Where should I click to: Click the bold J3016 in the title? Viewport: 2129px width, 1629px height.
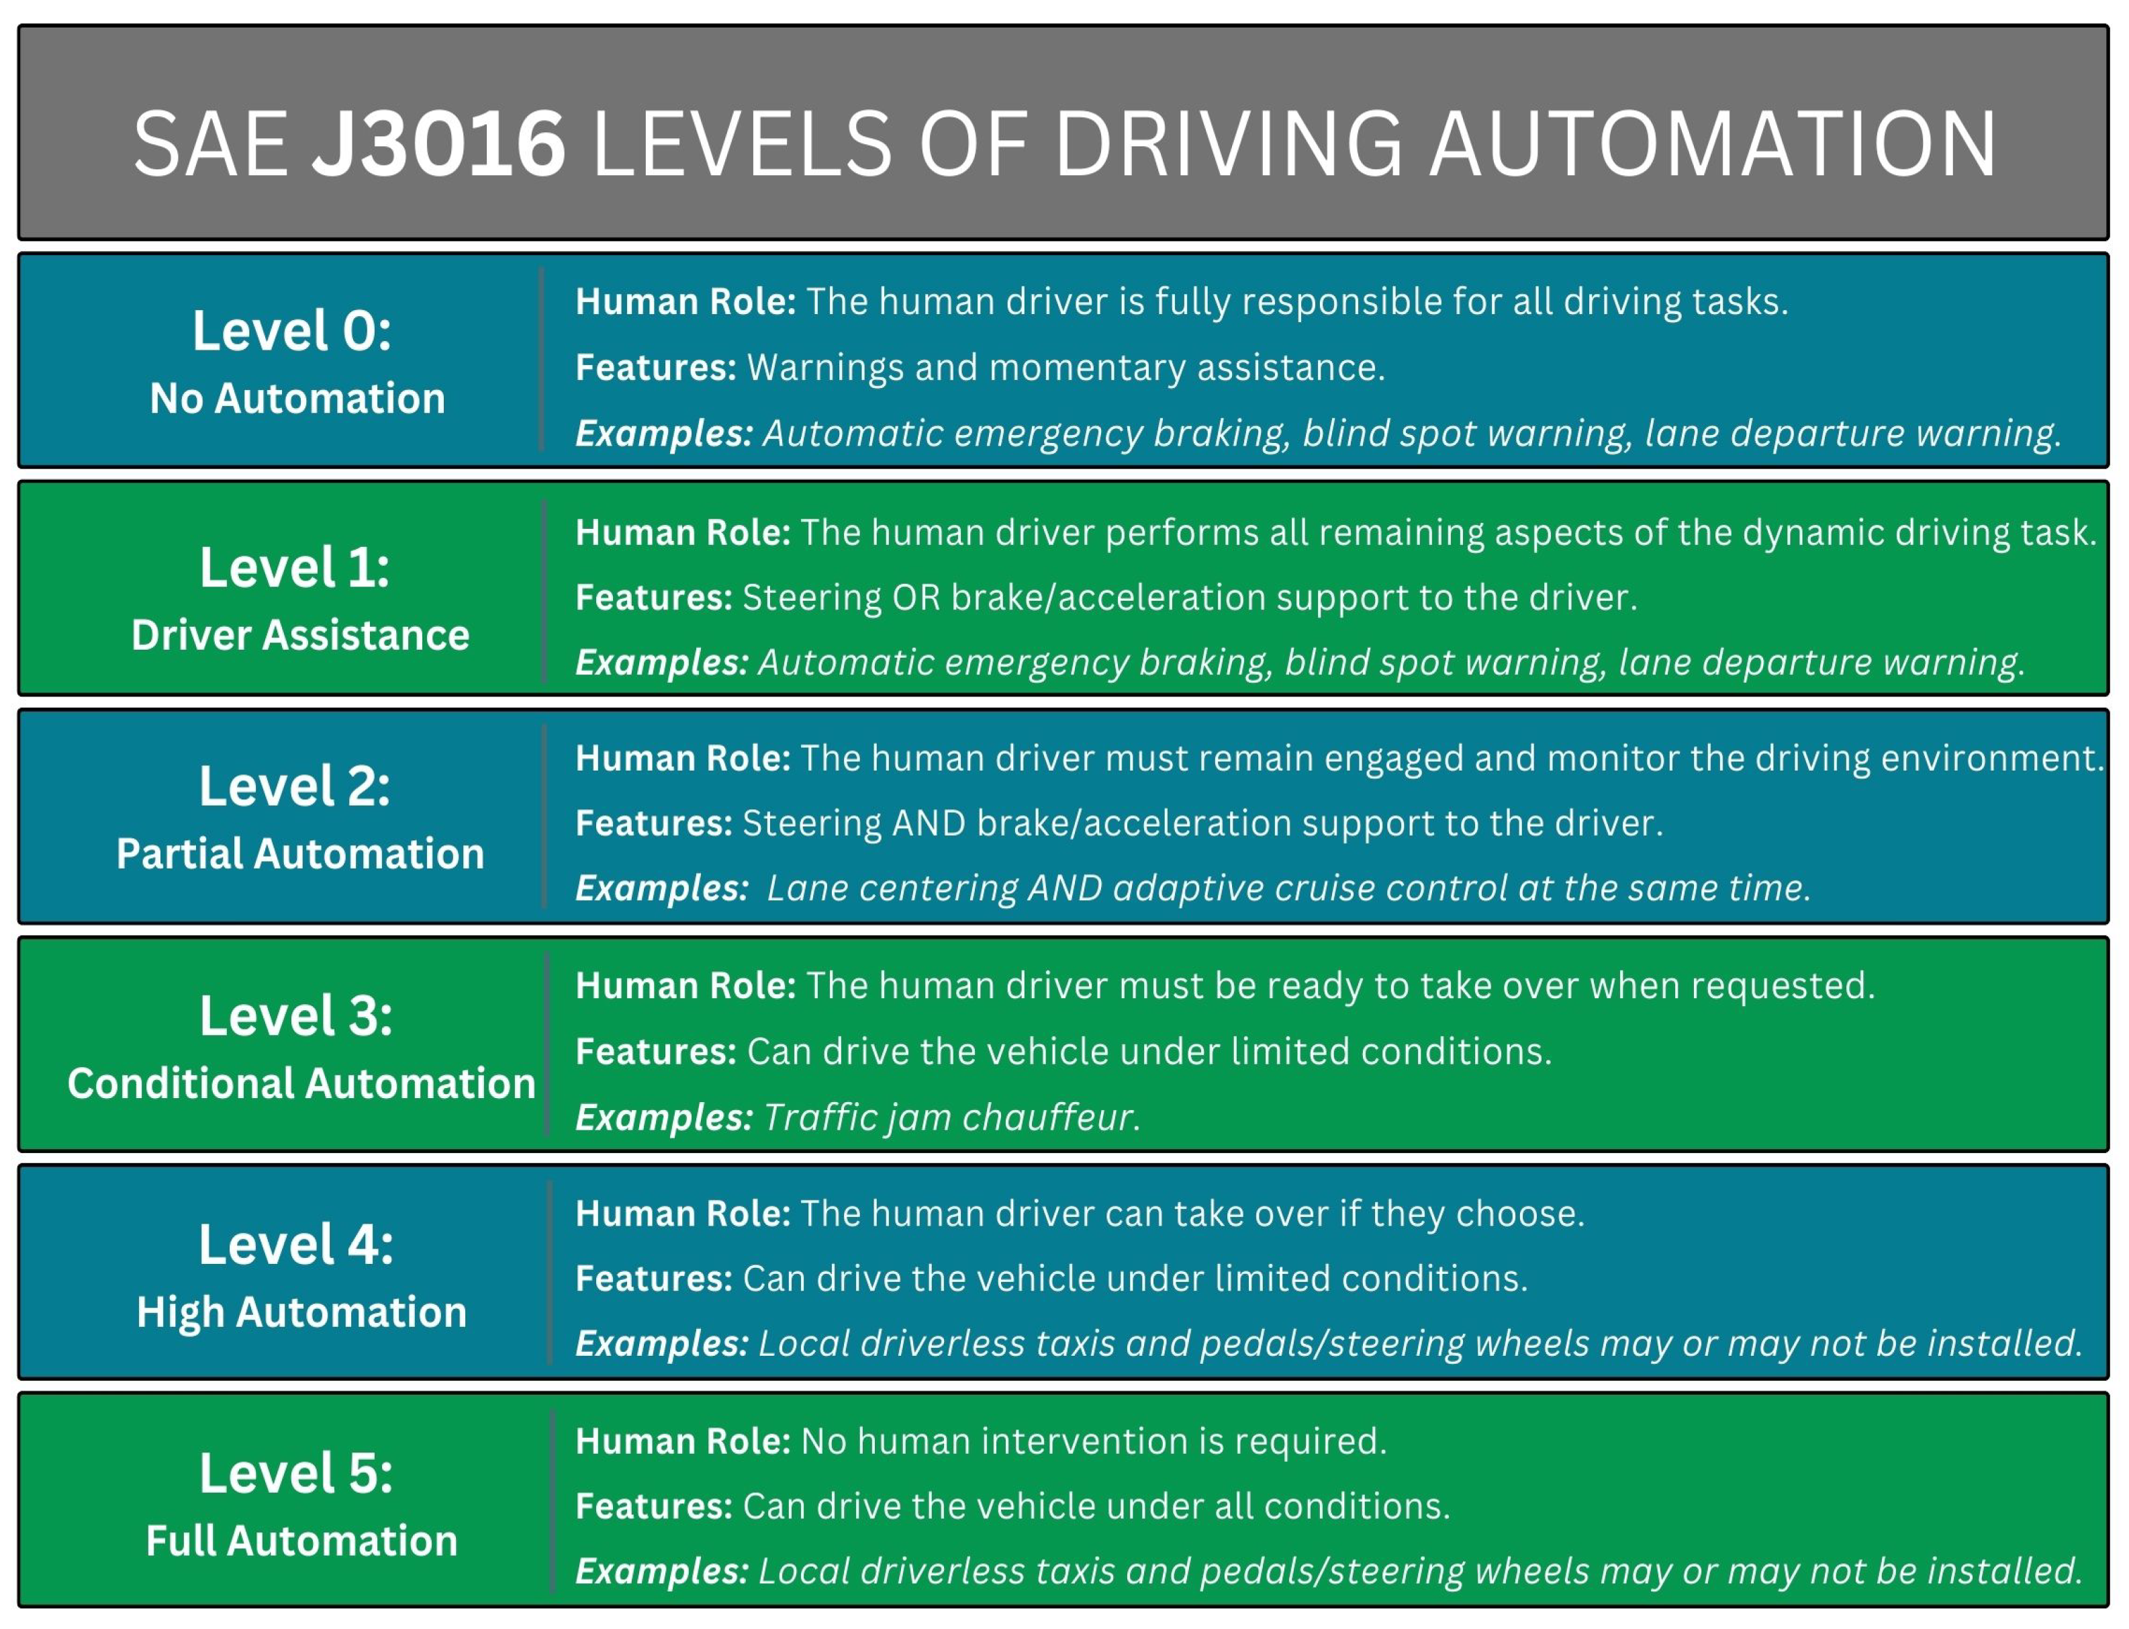pos(438,144)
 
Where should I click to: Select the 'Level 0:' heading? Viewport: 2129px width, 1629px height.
pos(292,331)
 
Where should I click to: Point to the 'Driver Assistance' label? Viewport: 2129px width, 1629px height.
pos(299,635)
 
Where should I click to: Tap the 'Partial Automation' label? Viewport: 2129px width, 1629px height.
pos(299,853)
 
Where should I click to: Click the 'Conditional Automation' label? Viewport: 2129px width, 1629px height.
pos(301,1083)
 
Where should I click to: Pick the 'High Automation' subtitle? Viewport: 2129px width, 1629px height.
pos(301,1312)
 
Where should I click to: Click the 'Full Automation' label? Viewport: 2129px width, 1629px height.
pos(301,1541)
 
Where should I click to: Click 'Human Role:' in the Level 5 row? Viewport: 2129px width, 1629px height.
pos(683,1441)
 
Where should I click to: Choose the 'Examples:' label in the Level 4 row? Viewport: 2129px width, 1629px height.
pos(661,1343)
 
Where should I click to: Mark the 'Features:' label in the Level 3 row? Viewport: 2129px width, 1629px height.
pos(656,1051)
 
